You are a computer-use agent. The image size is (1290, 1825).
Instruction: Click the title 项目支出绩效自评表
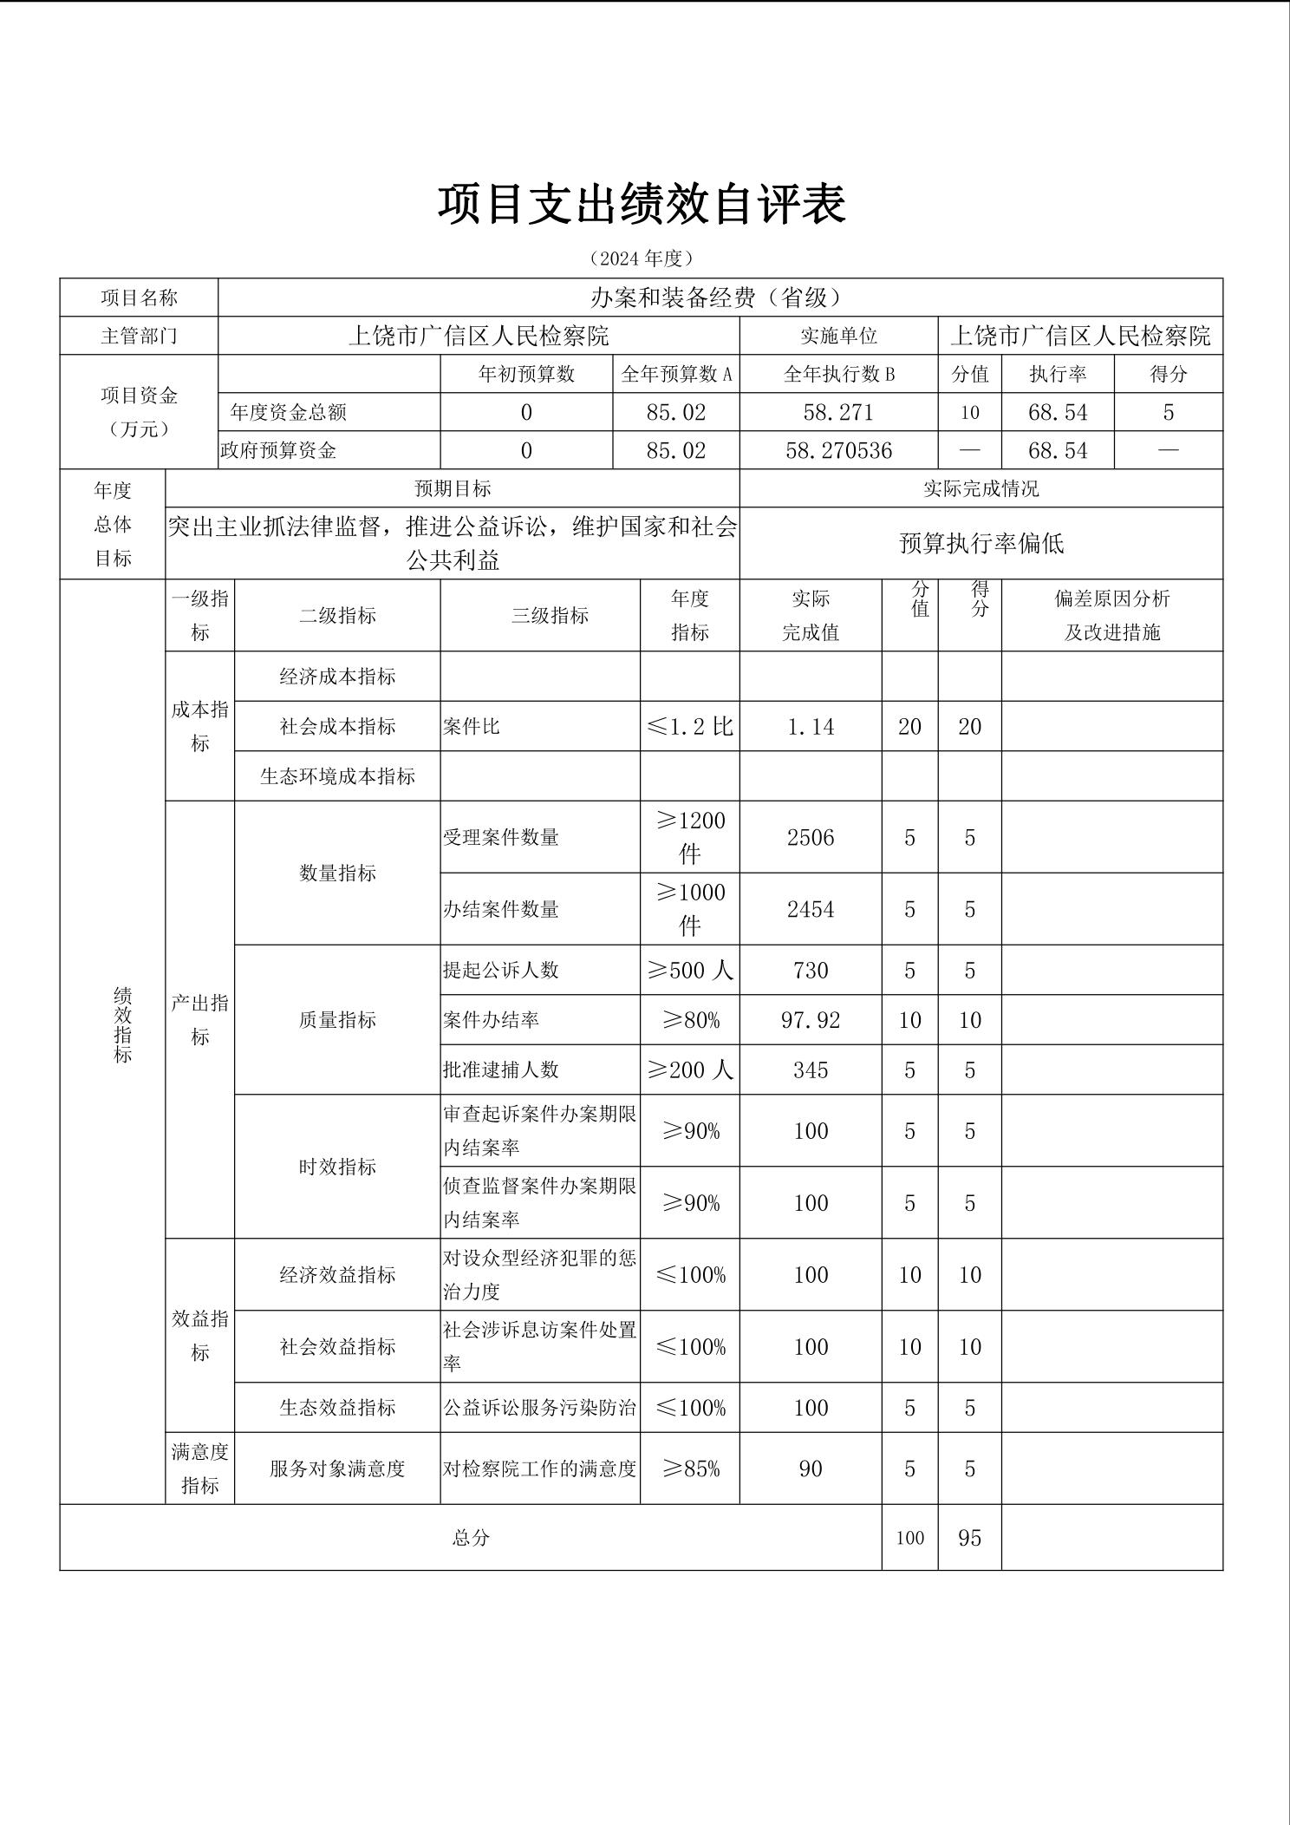tap(642, 205)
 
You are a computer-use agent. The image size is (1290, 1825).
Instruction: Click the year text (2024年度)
tap(642, 258)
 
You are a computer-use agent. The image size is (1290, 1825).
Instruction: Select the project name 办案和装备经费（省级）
tap(720, 298)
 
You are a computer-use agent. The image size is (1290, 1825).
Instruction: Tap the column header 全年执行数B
tap(838, 374)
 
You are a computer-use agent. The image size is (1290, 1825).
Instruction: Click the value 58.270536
tap(838, 450)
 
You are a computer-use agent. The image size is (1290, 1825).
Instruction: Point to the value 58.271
tap(838, 412)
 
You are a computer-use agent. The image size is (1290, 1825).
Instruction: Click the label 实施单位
tap(838, 336)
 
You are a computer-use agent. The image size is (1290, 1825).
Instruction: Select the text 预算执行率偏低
tap(981, 543)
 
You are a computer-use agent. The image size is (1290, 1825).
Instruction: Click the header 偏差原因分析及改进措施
tap(1111, 615)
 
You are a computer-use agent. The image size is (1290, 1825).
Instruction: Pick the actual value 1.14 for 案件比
tap(811, 726)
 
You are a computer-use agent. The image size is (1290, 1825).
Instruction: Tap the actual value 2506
tap(811, 837)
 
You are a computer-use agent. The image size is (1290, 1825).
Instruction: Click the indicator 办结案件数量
tap(501, 909)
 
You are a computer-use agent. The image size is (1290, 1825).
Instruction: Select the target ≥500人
tap(690, 970)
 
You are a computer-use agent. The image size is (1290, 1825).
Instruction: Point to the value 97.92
tap(811, 1020)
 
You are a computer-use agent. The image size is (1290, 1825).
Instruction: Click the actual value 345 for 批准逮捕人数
tap(811, 1069)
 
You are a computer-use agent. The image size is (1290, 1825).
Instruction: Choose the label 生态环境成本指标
tap(337, 775)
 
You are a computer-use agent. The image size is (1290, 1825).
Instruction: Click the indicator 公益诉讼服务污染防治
tap(539, 1407)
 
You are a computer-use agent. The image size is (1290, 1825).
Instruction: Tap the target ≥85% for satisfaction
tap(690, 1469)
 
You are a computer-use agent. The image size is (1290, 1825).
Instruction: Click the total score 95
tap(969, 1538)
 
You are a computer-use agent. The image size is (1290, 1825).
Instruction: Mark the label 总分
tap(471, 1538)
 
